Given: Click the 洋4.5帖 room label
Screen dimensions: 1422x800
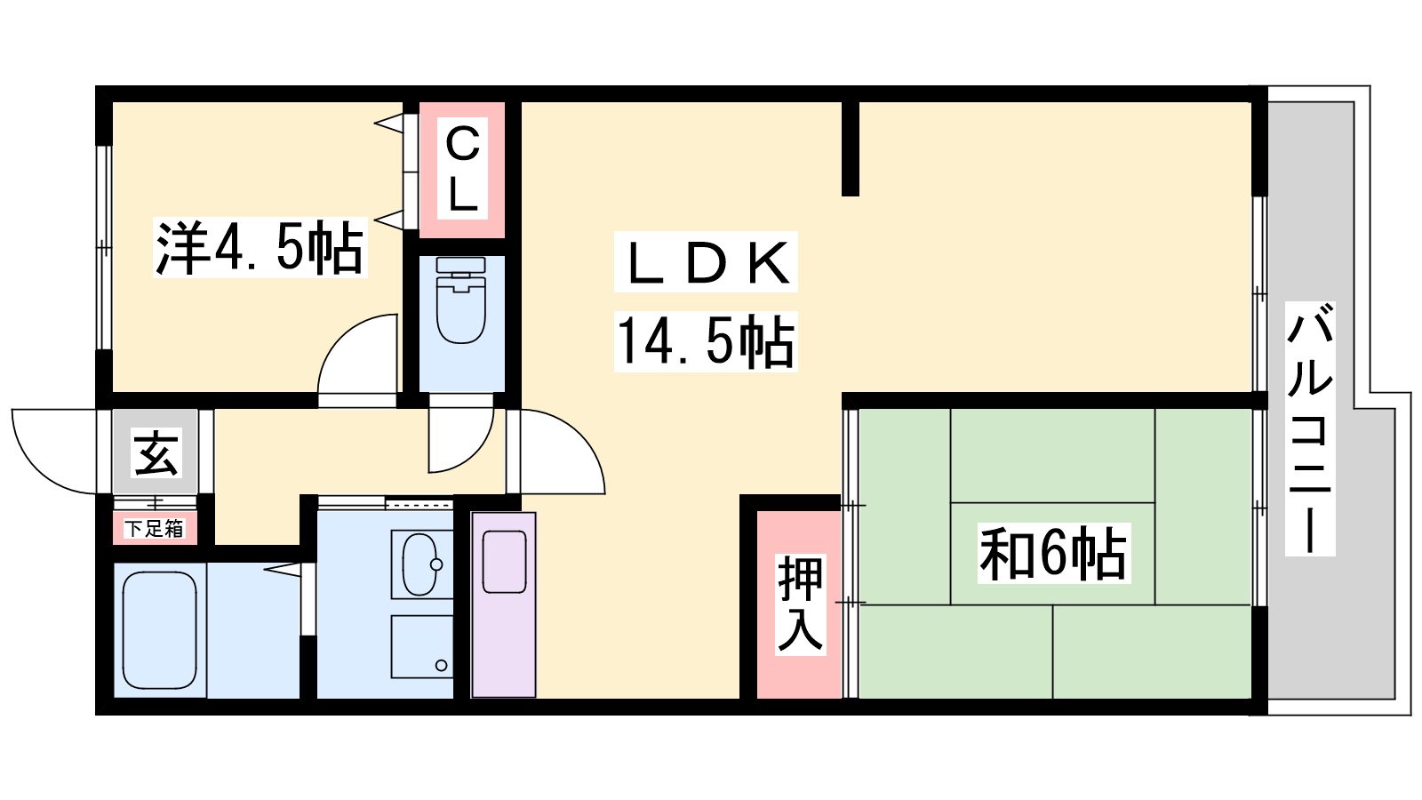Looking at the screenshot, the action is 260,247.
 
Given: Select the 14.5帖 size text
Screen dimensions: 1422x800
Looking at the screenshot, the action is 706,341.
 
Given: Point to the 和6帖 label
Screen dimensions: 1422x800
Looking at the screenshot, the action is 1053,553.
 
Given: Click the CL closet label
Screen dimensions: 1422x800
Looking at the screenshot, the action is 462,169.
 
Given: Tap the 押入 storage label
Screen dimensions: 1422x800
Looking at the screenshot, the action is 800,604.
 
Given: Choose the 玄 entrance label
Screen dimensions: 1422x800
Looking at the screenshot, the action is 156,453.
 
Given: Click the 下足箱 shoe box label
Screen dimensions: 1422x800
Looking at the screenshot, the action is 154,528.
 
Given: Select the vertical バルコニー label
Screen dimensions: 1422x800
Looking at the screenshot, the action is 1310,428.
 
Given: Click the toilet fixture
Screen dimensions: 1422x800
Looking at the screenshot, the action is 461,300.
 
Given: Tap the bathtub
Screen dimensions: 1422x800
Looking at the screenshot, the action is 159,629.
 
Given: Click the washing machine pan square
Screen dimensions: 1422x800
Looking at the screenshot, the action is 421,646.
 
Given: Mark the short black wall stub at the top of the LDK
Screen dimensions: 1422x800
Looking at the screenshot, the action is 850,148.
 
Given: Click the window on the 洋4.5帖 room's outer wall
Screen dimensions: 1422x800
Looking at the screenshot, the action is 103,248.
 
